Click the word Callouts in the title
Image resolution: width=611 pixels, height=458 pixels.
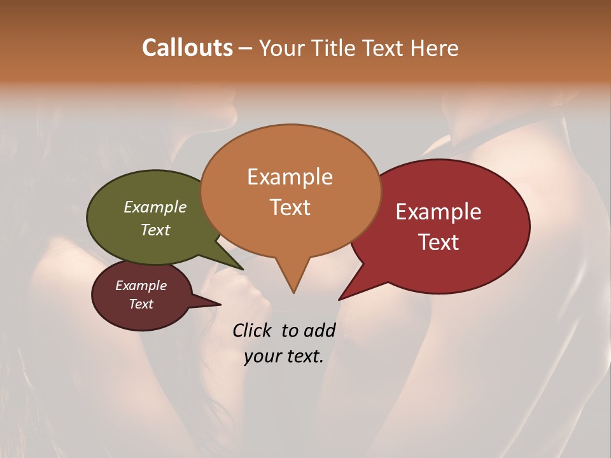coord(187,48)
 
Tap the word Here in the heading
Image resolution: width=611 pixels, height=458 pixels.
coord(435,48)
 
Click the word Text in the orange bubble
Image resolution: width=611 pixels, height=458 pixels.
coord(290,207)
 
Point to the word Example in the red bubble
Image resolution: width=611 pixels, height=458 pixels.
coord(439,212)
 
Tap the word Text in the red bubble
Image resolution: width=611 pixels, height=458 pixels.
coord(439,242)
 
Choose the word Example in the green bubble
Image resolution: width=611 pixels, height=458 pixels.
coord(155,207)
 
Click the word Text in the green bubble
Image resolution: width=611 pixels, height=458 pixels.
coord(155,230)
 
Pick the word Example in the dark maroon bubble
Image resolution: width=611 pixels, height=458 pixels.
coord(141,286)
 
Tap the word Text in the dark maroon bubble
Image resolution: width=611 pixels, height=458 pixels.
coord(141,304)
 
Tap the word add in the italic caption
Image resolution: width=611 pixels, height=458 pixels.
coord(320,330)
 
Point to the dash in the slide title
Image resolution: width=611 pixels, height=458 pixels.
coord(246,48)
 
